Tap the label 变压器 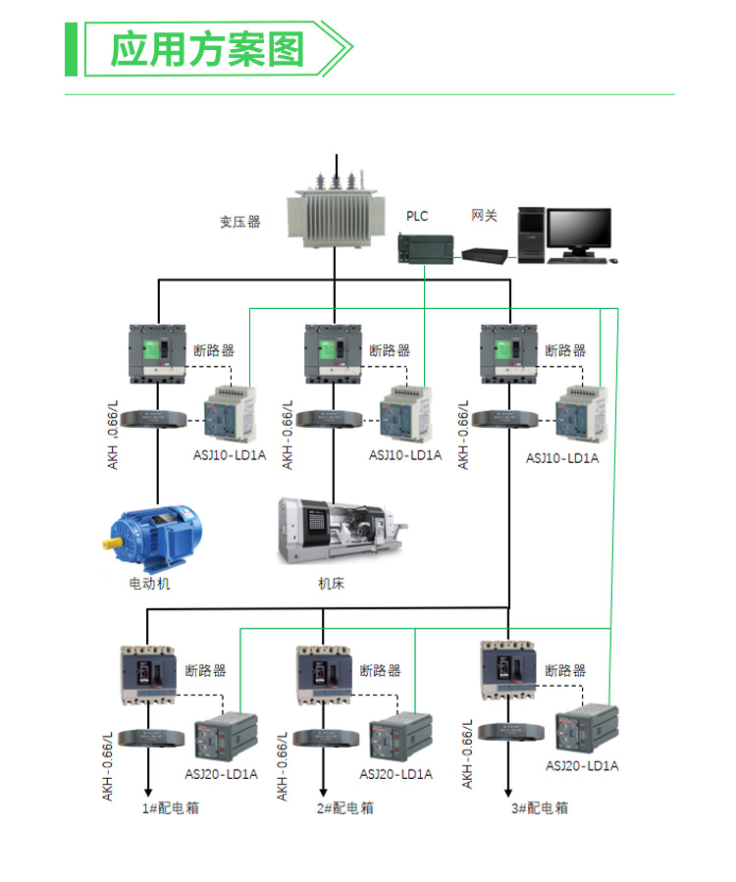click(240, 222)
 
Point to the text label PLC click(418, 216)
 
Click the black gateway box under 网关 click(486, 254)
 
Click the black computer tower click(531, 235)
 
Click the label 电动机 click(150, 584)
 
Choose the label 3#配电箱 click(539, 808)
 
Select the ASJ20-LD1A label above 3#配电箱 click(582, 766)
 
